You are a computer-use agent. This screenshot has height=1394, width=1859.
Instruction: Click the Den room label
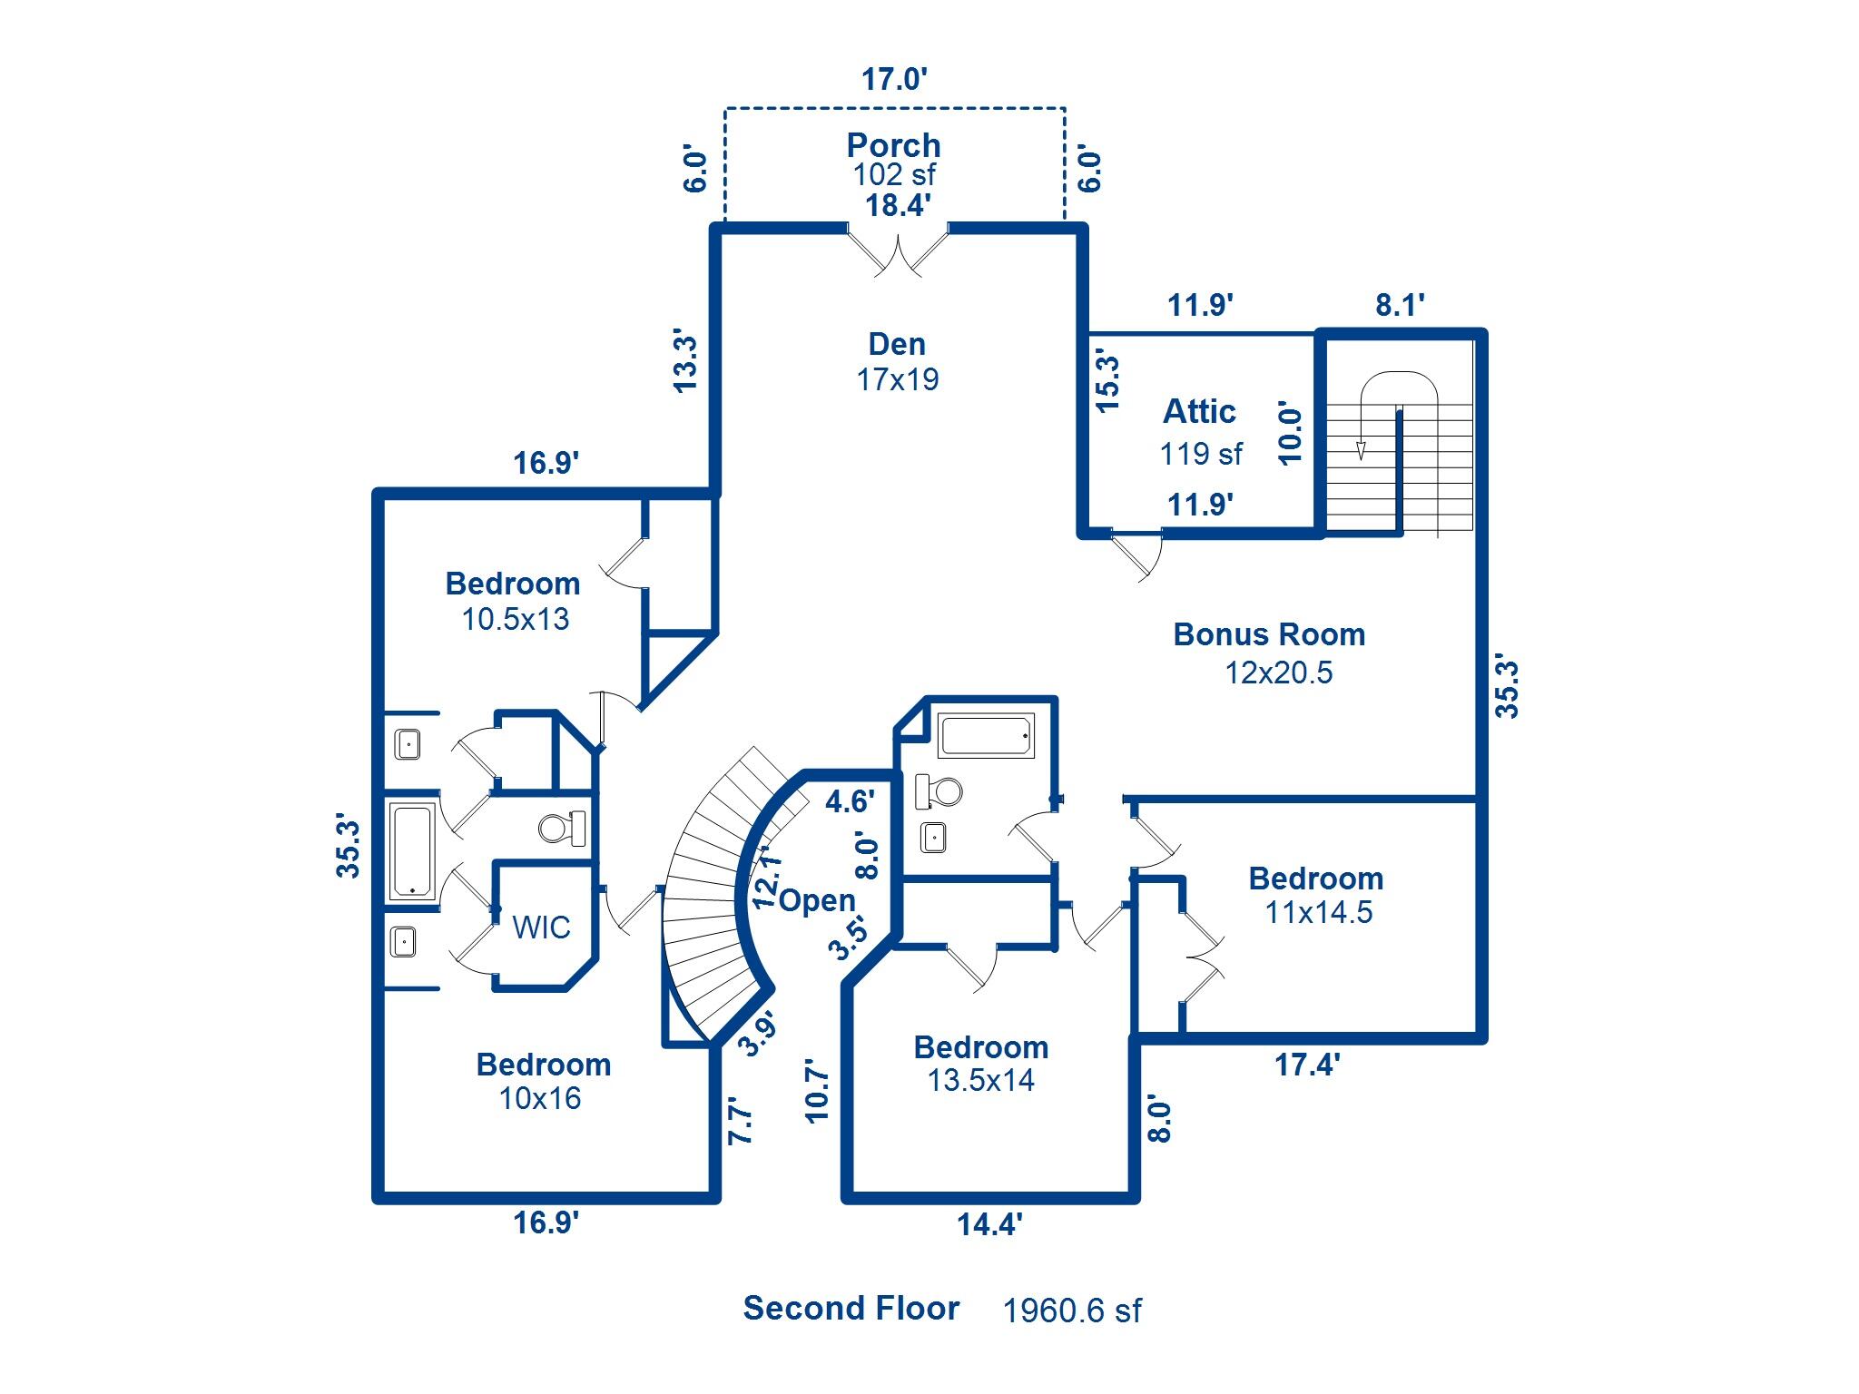point(897,345)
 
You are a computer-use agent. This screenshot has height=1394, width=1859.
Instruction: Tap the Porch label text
point(893,145)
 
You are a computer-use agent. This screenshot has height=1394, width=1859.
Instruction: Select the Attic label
point(1199,412)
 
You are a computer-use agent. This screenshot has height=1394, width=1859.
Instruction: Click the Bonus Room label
point(1269,634)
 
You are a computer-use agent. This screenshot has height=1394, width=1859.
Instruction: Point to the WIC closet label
point(541,928)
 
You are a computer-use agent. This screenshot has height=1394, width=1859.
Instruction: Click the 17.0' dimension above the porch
point(894,80)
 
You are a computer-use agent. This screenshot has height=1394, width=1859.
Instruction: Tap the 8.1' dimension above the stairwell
point(1400,305)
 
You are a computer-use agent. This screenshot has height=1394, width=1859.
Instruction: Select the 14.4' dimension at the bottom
point(989,1225)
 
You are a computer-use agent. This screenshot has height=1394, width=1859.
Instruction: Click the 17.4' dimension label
point(1307,1065)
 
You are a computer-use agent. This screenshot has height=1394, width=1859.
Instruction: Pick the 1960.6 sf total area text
point(1072,1311)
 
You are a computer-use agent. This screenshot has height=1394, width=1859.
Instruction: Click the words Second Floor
point(851,1308)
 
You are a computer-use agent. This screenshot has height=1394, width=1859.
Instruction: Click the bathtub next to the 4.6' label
point(986,736)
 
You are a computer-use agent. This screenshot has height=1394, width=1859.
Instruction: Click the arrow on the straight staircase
point(1361,449)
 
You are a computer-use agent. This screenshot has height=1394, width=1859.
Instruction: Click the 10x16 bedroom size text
point(540,1099)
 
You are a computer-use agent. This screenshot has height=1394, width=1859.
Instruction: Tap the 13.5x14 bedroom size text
point(980,1081)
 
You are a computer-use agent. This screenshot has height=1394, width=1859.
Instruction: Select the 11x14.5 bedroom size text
point(1319,912)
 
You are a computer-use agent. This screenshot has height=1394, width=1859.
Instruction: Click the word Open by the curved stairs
point(817,900)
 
